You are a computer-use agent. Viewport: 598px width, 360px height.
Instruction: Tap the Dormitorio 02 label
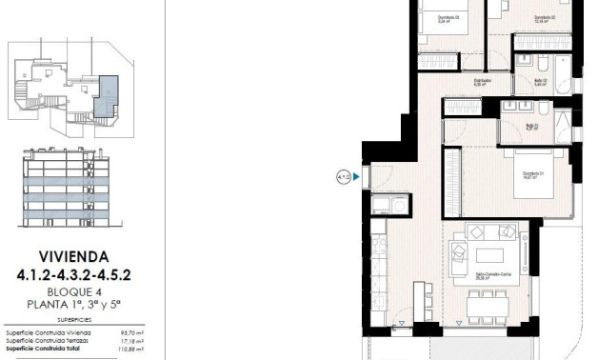click(544, 17)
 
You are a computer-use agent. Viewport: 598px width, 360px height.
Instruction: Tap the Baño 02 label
click(538, 83)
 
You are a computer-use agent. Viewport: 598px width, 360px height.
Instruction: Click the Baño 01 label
click(533, 127)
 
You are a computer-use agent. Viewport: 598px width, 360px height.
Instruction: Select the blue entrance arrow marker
click(357, 176)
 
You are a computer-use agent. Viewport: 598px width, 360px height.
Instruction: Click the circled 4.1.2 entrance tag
click(343, 176)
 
